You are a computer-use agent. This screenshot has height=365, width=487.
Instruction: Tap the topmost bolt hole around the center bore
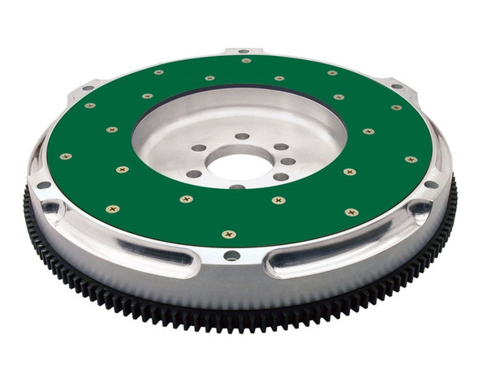pyautogui.click(x=242, y=136)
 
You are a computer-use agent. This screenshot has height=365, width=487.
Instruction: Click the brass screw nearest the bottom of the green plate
pyautogui.click(x=229, y=234)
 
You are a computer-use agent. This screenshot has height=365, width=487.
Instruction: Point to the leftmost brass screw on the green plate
pyautogui.click(x=66, y=156)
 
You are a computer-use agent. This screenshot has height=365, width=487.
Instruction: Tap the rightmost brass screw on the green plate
pyautogui.click(x=412, y=159)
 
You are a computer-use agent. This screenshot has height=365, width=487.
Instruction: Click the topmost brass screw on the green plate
pyautogui.click(x=246, y=60)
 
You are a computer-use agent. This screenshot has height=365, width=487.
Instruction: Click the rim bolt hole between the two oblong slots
pyautogui.click(x=232, y=255)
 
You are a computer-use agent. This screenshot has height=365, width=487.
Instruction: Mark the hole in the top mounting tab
pyautogui.click(x=244, y=52)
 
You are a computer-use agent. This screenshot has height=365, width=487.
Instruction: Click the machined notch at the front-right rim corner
pyautogui.click(x=420, y=213)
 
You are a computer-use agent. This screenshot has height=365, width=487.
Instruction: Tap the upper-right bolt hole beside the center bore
pyautogui.click(x=280, y=147)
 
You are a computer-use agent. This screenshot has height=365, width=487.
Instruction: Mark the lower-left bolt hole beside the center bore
pyautogui.click(x=194, y=174)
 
